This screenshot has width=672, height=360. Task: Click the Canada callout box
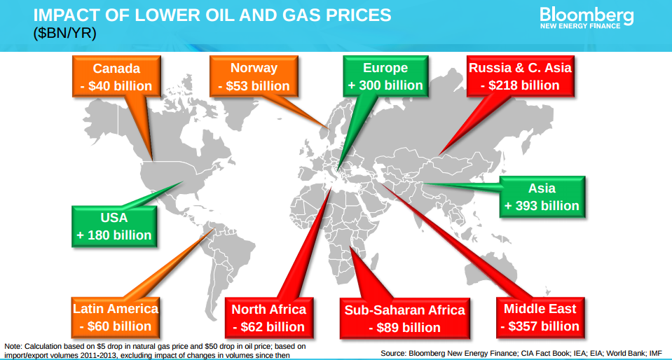(116, 76)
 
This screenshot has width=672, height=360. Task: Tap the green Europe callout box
(385, 76)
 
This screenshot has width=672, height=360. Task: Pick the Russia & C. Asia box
(520, 76)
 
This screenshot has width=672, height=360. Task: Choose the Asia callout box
(542, 197)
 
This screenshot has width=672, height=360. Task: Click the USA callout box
(114, 226)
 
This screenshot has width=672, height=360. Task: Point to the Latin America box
(116, 317)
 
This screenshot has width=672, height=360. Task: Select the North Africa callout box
(268, 318)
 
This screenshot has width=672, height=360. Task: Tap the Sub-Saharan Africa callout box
(404, 319)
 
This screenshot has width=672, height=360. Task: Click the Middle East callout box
(540, 317)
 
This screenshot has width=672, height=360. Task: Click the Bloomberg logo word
(587, 15)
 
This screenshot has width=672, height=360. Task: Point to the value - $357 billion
(540, 326)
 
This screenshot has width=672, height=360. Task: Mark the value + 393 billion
(542, 205)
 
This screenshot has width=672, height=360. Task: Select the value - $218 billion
(520, 85)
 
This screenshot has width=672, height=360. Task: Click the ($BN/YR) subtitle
(64, 34)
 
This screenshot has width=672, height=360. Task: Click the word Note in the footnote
(13, 346)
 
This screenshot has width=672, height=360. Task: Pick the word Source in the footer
(392, 353)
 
